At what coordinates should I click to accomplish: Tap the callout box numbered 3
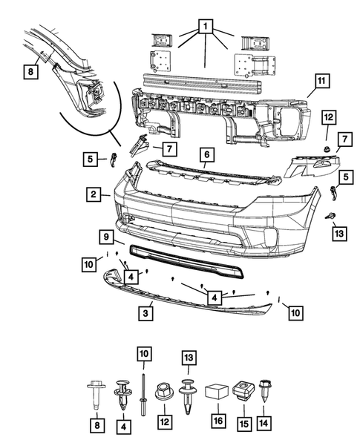[145, 314]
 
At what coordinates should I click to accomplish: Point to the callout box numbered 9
[108, 237]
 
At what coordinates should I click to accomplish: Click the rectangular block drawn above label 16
[217, 392]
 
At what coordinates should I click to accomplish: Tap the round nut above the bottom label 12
[163, 392]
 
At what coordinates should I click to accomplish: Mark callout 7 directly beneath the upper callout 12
[344, 139]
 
